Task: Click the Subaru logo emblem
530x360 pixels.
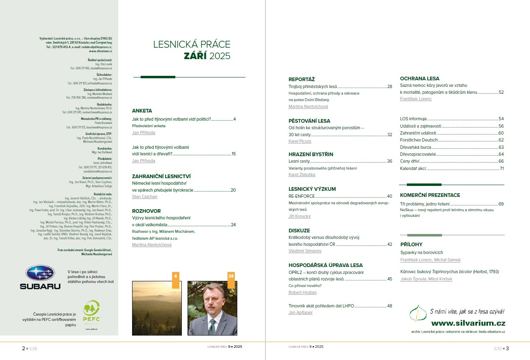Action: pos(40,273)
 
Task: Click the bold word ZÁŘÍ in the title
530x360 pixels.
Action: pos(195,56)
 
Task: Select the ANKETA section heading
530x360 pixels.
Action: pos(142,111)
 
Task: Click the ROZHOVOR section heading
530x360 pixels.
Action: pos(146,211)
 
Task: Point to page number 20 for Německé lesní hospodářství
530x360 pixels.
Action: pos(233,190)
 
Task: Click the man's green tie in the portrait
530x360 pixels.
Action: pos(212,326)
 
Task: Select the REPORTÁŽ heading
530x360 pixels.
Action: pos(302,80)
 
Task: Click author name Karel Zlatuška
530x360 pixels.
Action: pos(302,175)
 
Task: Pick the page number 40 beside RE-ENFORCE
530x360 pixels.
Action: pos(389,196)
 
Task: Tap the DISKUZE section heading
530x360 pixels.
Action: pos(299,231)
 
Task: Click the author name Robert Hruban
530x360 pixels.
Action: pos(303,292)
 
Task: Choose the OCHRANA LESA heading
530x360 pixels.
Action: pos(420,79)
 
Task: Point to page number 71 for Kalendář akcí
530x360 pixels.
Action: pos(501,168)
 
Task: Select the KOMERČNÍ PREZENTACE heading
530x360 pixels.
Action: pos(430,195)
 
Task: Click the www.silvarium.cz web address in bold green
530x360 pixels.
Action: pos(468,323)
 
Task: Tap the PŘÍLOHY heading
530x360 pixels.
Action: pos(411,245)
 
